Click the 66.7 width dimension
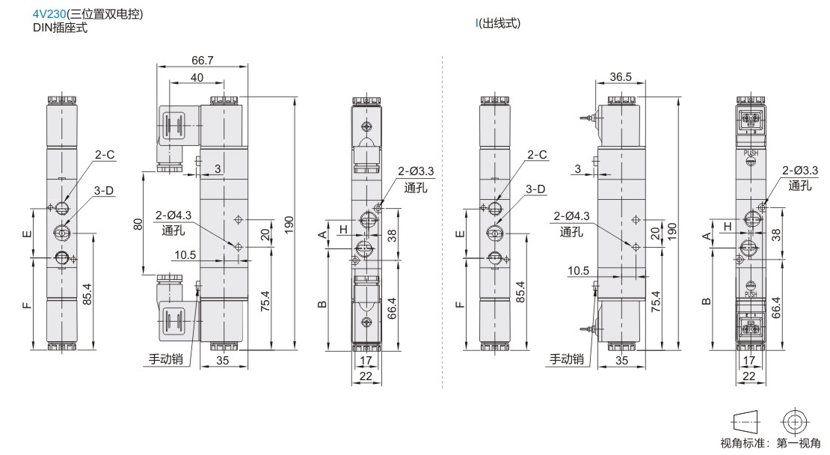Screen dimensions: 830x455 point(202,61)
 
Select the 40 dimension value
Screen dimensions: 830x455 point(197,77)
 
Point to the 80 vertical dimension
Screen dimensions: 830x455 point(138,224)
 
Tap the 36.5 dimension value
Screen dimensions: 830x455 point(621,77)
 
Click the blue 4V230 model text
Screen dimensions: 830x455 point(50,14)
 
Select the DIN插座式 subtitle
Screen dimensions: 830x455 point(60,28)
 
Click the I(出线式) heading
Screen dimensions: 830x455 point(497,23)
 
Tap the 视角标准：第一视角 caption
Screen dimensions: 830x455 point(770,443)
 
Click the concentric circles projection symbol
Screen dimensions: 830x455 point(794,422)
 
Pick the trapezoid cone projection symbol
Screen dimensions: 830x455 point(746,422)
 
